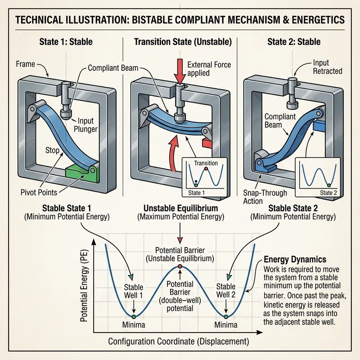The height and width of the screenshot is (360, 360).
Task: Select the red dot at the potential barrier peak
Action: point(180,267)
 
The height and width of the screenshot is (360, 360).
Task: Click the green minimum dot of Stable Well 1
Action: point(134,317)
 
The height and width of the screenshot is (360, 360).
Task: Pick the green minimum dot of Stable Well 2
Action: point(226,317)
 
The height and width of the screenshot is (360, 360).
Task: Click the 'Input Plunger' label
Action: point(88,126)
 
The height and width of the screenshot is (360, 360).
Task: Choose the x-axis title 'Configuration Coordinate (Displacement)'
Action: point(178,341)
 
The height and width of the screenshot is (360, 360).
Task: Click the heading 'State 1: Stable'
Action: point(66,42)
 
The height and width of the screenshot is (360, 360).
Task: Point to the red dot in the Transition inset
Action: point(205,169)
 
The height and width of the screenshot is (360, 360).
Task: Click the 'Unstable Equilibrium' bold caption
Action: point(180,208)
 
